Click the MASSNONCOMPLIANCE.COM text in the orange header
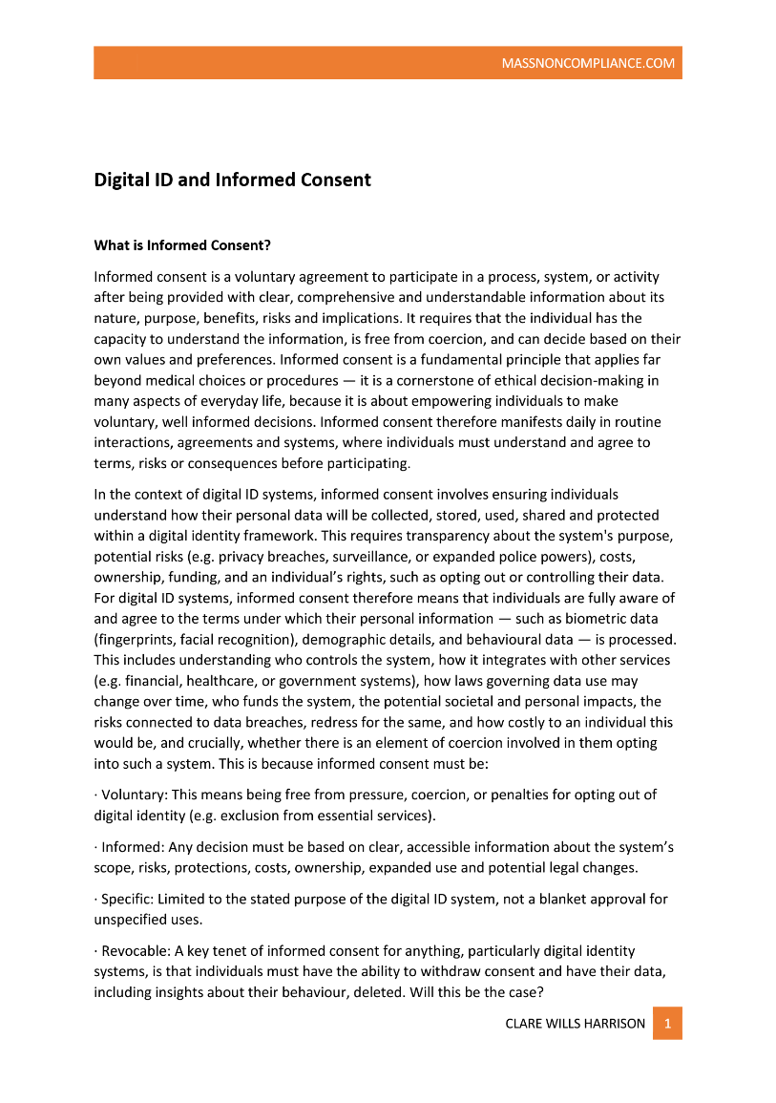[x=588, y=64]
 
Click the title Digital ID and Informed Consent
[x=232, y=180]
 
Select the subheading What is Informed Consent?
[x=182, y=245]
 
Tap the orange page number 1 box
[x=667, y=1024]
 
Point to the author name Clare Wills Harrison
[x=575, y=1024]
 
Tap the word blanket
[x=546, y=899]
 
